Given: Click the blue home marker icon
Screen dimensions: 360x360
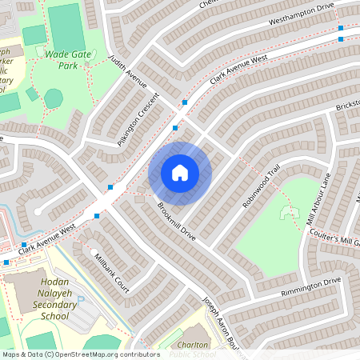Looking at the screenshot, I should tap(180, 172).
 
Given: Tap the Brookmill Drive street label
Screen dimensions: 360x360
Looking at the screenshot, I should tap(176, 221).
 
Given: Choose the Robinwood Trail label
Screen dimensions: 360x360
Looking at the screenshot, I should tap(262, 190).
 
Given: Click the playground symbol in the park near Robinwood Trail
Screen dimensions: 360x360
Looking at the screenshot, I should tap(285, 212).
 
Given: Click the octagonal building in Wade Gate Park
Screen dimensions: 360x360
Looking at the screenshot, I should tap(54, 98).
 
